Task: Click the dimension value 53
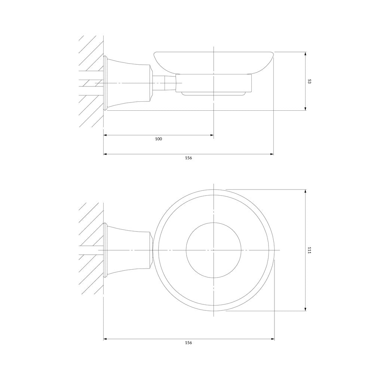[x=309, y=81]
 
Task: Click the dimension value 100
[x=158, y=139]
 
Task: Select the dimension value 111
[x=309, y=250]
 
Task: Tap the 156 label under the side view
[x=188, y=158]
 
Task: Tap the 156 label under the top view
[x=188, y=343]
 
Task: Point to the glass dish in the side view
[x=214, y=62]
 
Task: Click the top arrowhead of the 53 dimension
[x=305, y=54]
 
